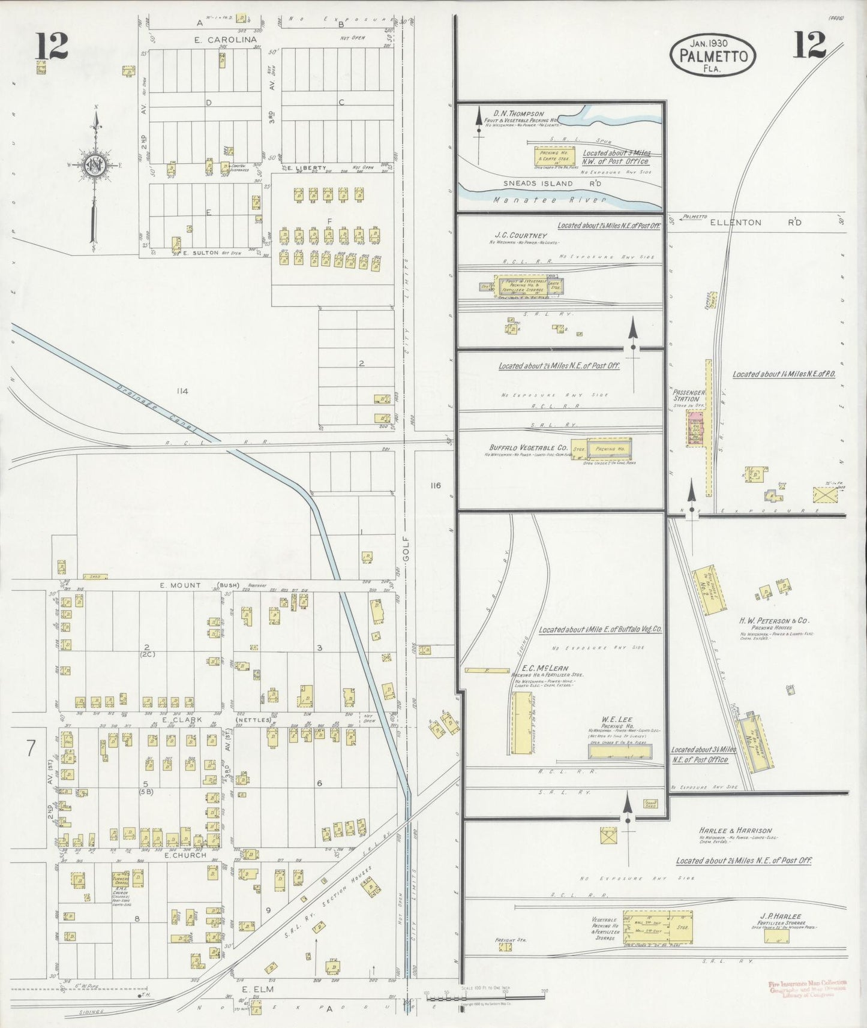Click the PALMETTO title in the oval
(x=713, y=57)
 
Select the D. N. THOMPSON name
(x=518, y=113)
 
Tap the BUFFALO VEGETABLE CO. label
(x=528, y=447)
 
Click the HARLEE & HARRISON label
(x=735, y=831)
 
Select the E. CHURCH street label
(x=185, y=855)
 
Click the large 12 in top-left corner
(x=52, y=46)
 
